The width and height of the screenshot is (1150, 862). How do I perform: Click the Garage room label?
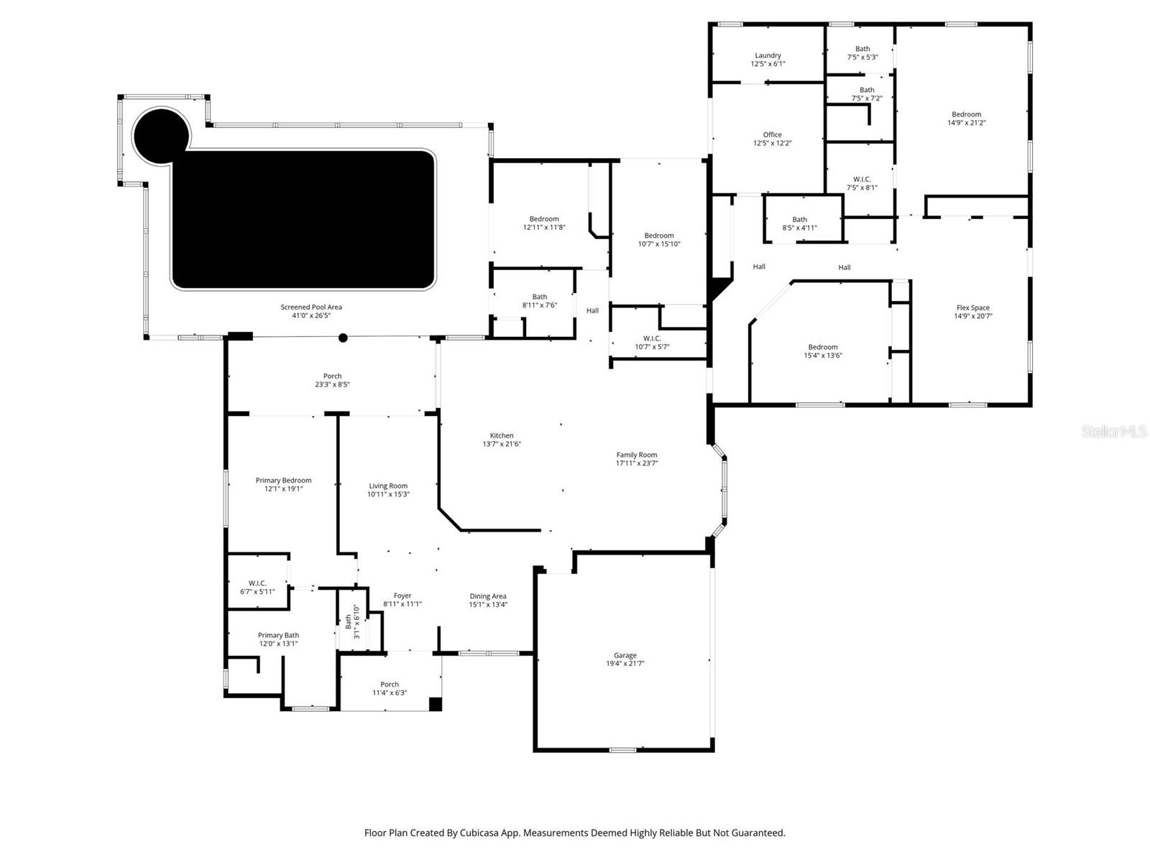625,655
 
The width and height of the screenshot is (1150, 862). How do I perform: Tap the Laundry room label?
768,55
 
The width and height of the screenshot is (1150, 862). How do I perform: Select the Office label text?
772,134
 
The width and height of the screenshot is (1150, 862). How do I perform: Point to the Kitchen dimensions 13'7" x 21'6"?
502,444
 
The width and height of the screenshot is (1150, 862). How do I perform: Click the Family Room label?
636,455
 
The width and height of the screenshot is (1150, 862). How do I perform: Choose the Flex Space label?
972,307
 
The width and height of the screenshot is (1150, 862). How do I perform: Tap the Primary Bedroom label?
283,481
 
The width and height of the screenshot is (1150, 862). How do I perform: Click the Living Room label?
388,486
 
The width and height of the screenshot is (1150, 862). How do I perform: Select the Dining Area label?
488,595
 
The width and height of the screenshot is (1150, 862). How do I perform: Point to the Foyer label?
402,595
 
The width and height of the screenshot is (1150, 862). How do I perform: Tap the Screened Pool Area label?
310,307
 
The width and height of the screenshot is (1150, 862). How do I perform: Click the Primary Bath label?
278,635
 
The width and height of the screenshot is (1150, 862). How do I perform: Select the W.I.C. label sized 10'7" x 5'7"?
652,338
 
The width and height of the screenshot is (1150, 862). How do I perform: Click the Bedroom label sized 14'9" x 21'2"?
966,114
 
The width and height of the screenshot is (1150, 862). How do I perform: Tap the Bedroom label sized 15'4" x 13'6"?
822,347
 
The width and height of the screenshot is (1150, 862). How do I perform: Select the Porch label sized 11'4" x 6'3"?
390,685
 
